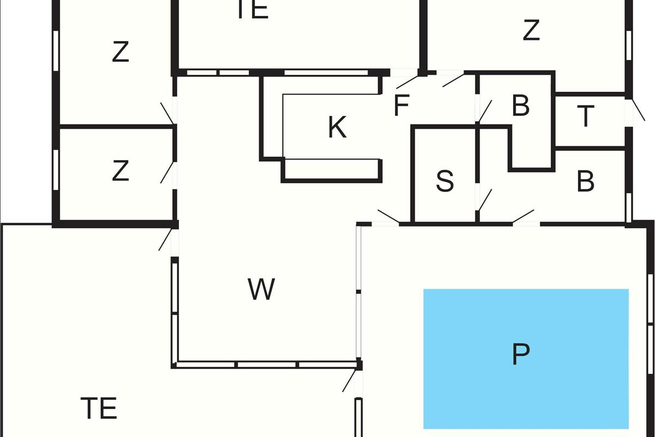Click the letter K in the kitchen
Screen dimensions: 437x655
pyautogui.click(x=337, y=128)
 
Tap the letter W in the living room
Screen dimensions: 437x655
pyautogui.click(x=261, y=290)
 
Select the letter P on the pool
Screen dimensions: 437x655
pyautogui.click(x=521, y=355)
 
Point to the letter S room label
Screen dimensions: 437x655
pyautogui.click(x=445, y=181)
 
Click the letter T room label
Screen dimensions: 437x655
pyautogui.click(x=585, y=117)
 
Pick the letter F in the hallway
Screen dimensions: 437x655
pyautogui.click(x=401, y=106)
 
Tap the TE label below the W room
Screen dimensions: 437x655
pyautogui.click(x=99, y=408)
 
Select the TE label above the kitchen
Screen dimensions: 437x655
pyautogui.click(x=253, y=10)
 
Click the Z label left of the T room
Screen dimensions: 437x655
pyautogui.click(x=531, y=31)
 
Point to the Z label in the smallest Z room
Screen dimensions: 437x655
pyautogui.click(x=120, y=171)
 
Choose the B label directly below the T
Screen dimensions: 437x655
pyautogui.click(x=585, y=182)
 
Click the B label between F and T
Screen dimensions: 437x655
pyautogui.click(x=521, y=107)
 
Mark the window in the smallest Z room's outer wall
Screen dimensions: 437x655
pyautogui.click(x=56, y=169)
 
